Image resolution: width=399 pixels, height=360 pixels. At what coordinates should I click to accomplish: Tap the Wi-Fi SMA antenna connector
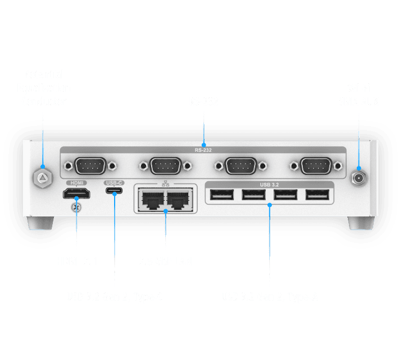coord(357,178)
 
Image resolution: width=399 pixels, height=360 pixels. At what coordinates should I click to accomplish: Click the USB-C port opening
coord(114,193)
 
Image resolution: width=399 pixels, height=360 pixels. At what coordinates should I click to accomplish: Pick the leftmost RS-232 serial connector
coord(90,166)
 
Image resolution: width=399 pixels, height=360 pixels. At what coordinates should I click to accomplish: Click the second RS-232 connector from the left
coord(165,166)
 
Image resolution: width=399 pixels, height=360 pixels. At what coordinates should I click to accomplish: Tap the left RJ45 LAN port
coord(151,199)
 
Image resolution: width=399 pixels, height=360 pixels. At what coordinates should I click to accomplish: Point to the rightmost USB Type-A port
coord(318,195)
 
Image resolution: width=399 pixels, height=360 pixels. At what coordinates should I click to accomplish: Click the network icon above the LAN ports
coord(166,184)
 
